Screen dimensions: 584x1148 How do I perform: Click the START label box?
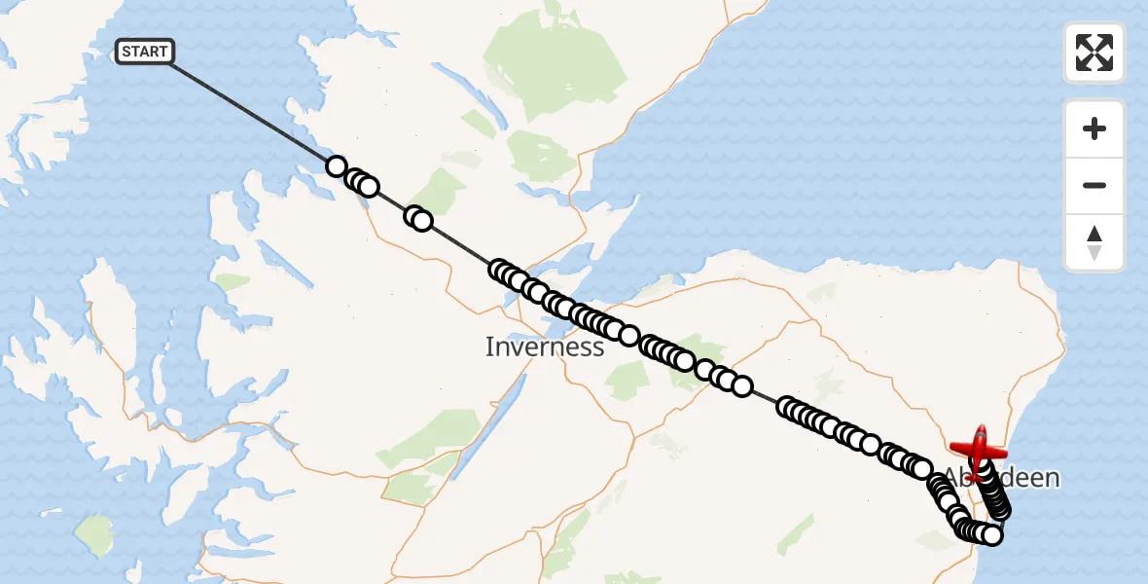click(145, 52)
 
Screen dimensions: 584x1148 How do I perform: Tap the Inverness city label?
click(544, 347)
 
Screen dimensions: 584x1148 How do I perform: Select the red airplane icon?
click(979, 449)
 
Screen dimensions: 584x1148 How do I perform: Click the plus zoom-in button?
click(1094, 128)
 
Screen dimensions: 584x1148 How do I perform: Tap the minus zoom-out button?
click(1094, 185)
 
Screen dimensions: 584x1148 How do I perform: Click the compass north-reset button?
click(1094, 241)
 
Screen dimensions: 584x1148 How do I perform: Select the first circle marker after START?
click(336, 166)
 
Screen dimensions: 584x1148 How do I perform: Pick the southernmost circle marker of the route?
click(991, 534)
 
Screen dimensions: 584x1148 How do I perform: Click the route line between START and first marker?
click(253, 110)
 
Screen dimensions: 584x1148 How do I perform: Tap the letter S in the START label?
click(127, 52)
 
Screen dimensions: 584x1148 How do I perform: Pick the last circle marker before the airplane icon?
click(984, 472)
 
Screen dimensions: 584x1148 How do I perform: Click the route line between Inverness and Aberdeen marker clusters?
click(764, 396)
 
